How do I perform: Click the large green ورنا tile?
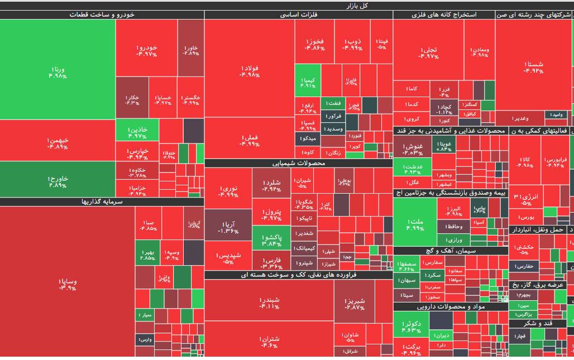(58, 70)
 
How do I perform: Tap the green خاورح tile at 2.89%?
(58, 180)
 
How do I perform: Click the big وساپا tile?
(67, 282)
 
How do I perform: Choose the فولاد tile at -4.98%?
(249, 70)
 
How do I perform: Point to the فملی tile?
(249, 140)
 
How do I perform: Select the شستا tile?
(533, 67)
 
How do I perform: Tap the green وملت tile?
(415, 223)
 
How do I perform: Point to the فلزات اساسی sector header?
(299, 15)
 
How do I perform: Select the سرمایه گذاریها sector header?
(102, 201)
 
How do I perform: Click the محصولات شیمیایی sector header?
(299, 163)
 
